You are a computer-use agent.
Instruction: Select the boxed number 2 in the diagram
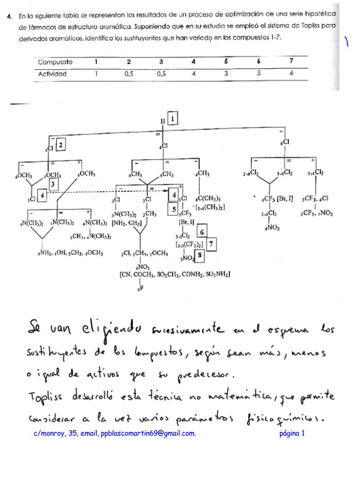point(61,145)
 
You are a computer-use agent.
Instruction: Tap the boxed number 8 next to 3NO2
point(199,255)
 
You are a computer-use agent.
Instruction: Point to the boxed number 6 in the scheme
point(200,232)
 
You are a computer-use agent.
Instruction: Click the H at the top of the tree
point(163,121)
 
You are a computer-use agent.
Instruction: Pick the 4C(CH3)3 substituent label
point(208,199)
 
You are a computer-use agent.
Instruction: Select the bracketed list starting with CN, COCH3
point(175,275)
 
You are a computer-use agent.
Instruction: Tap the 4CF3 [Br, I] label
point(275,198)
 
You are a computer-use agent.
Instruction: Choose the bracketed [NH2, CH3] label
point(127,223)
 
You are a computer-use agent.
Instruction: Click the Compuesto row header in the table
point(55,62)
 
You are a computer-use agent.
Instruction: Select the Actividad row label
point(53,74)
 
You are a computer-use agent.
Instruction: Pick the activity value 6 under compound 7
point(291,74)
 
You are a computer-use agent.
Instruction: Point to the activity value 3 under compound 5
point(226,74)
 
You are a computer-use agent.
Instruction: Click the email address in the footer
point(148,434)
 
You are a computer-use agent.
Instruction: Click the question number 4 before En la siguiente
point(10,16)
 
